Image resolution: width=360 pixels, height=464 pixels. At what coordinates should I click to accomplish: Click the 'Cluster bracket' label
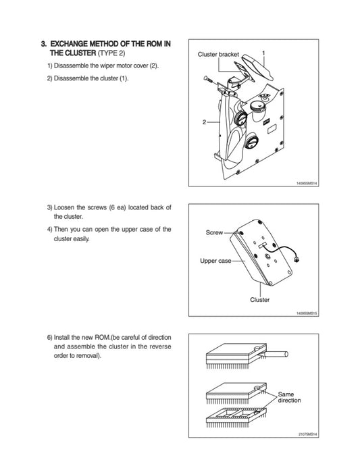(x=218, y=55)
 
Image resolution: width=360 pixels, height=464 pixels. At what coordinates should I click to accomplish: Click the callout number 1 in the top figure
(x=263, y=53)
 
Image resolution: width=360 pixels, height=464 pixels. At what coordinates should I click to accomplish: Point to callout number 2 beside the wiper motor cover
(x=204, y=122)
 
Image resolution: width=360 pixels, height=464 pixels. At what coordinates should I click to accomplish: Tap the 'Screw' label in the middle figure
(x=214, y=232)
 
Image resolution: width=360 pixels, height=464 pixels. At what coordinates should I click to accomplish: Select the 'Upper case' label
(x=215, y=261)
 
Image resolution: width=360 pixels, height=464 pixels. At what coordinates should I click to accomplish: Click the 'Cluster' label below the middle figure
(x=260, y=300)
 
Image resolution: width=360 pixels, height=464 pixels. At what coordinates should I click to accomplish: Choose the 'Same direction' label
(x=289, y=397)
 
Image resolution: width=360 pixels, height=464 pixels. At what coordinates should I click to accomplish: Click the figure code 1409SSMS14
(x=307, y=184)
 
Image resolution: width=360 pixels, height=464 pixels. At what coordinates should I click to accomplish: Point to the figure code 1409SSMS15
(x=307, y=313)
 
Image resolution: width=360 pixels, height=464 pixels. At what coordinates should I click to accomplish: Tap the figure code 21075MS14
(x=308, y=434)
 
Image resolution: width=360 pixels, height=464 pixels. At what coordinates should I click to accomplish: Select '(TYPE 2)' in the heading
(x=111, y=53)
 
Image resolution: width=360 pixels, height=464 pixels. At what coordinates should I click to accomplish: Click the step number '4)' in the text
(x=50, y=230)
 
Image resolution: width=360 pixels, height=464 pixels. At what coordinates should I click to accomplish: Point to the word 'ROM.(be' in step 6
(x=107, y=337)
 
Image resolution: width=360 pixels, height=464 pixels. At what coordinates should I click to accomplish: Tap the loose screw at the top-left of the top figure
(x=208, y=79)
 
